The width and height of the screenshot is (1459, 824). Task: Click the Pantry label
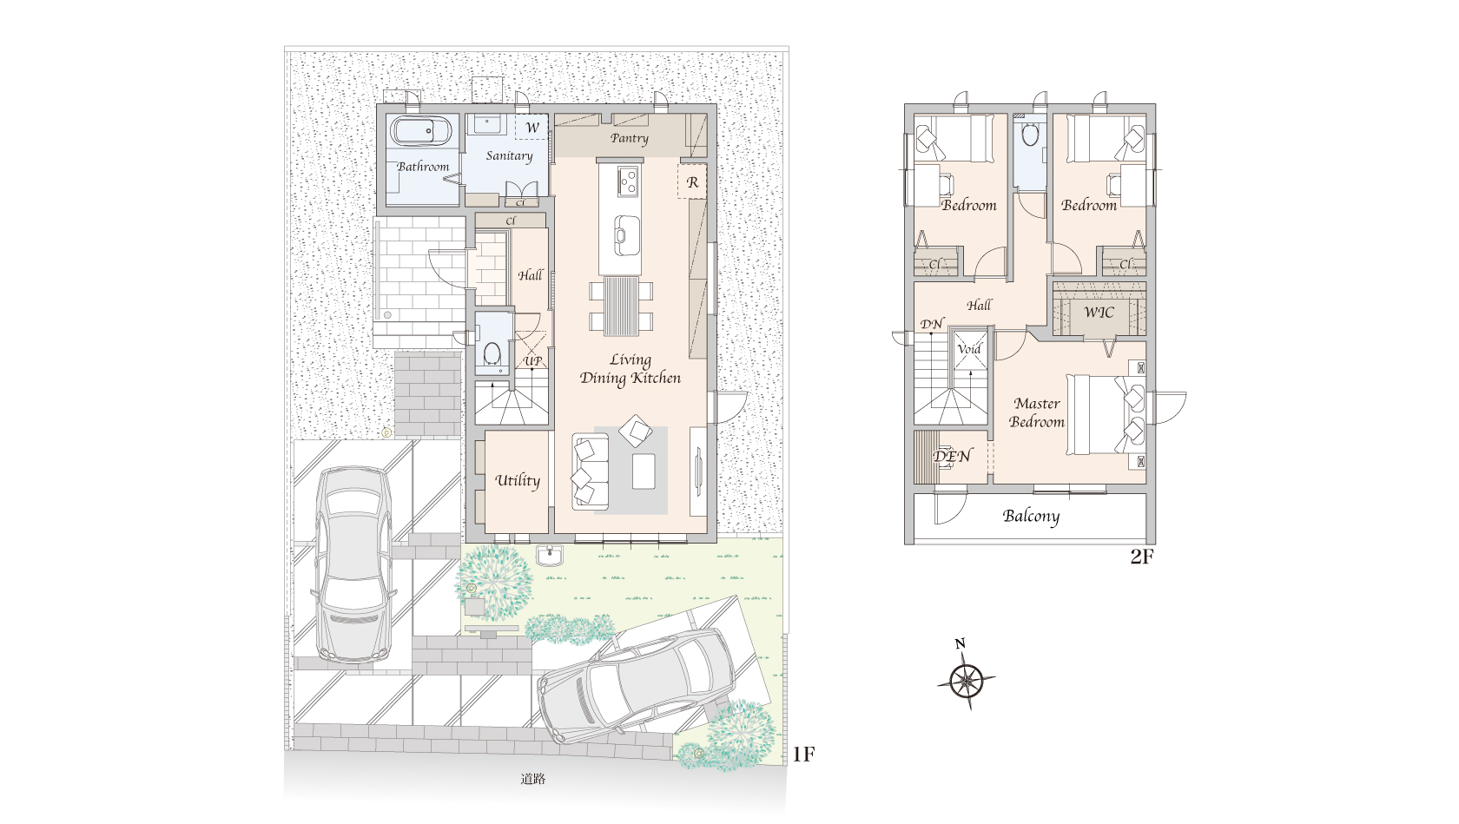[x=629, y=138]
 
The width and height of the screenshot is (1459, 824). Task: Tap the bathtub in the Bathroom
[x=420, y=131]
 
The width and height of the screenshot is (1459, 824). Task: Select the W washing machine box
[x=531, y=127]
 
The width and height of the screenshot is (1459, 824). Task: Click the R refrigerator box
[x=691, y=181]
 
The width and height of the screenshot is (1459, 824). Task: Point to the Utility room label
[x=518, y=481]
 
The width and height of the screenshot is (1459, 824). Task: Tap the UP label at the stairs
[x=533, y=361]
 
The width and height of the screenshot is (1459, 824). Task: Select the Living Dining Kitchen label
[x=630, y=369]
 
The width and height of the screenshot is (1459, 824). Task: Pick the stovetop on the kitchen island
[x=628, y=181]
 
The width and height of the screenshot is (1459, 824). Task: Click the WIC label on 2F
[x=1099, y=313]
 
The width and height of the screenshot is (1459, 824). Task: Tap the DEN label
[x=952, y=456]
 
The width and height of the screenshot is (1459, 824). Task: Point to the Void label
[x=968, y=348]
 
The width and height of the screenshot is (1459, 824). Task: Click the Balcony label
[x=1031, y=517]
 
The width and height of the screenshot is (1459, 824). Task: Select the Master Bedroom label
[x=1037, y=412]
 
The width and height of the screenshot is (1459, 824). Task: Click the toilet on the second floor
[x=1030, y=135]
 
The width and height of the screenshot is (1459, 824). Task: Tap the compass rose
[x=967, y=681]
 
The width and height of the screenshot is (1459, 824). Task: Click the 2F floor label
[x=1141, y=557]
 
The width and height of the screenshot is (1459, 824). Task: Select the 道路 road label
[x=533, y=778]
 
